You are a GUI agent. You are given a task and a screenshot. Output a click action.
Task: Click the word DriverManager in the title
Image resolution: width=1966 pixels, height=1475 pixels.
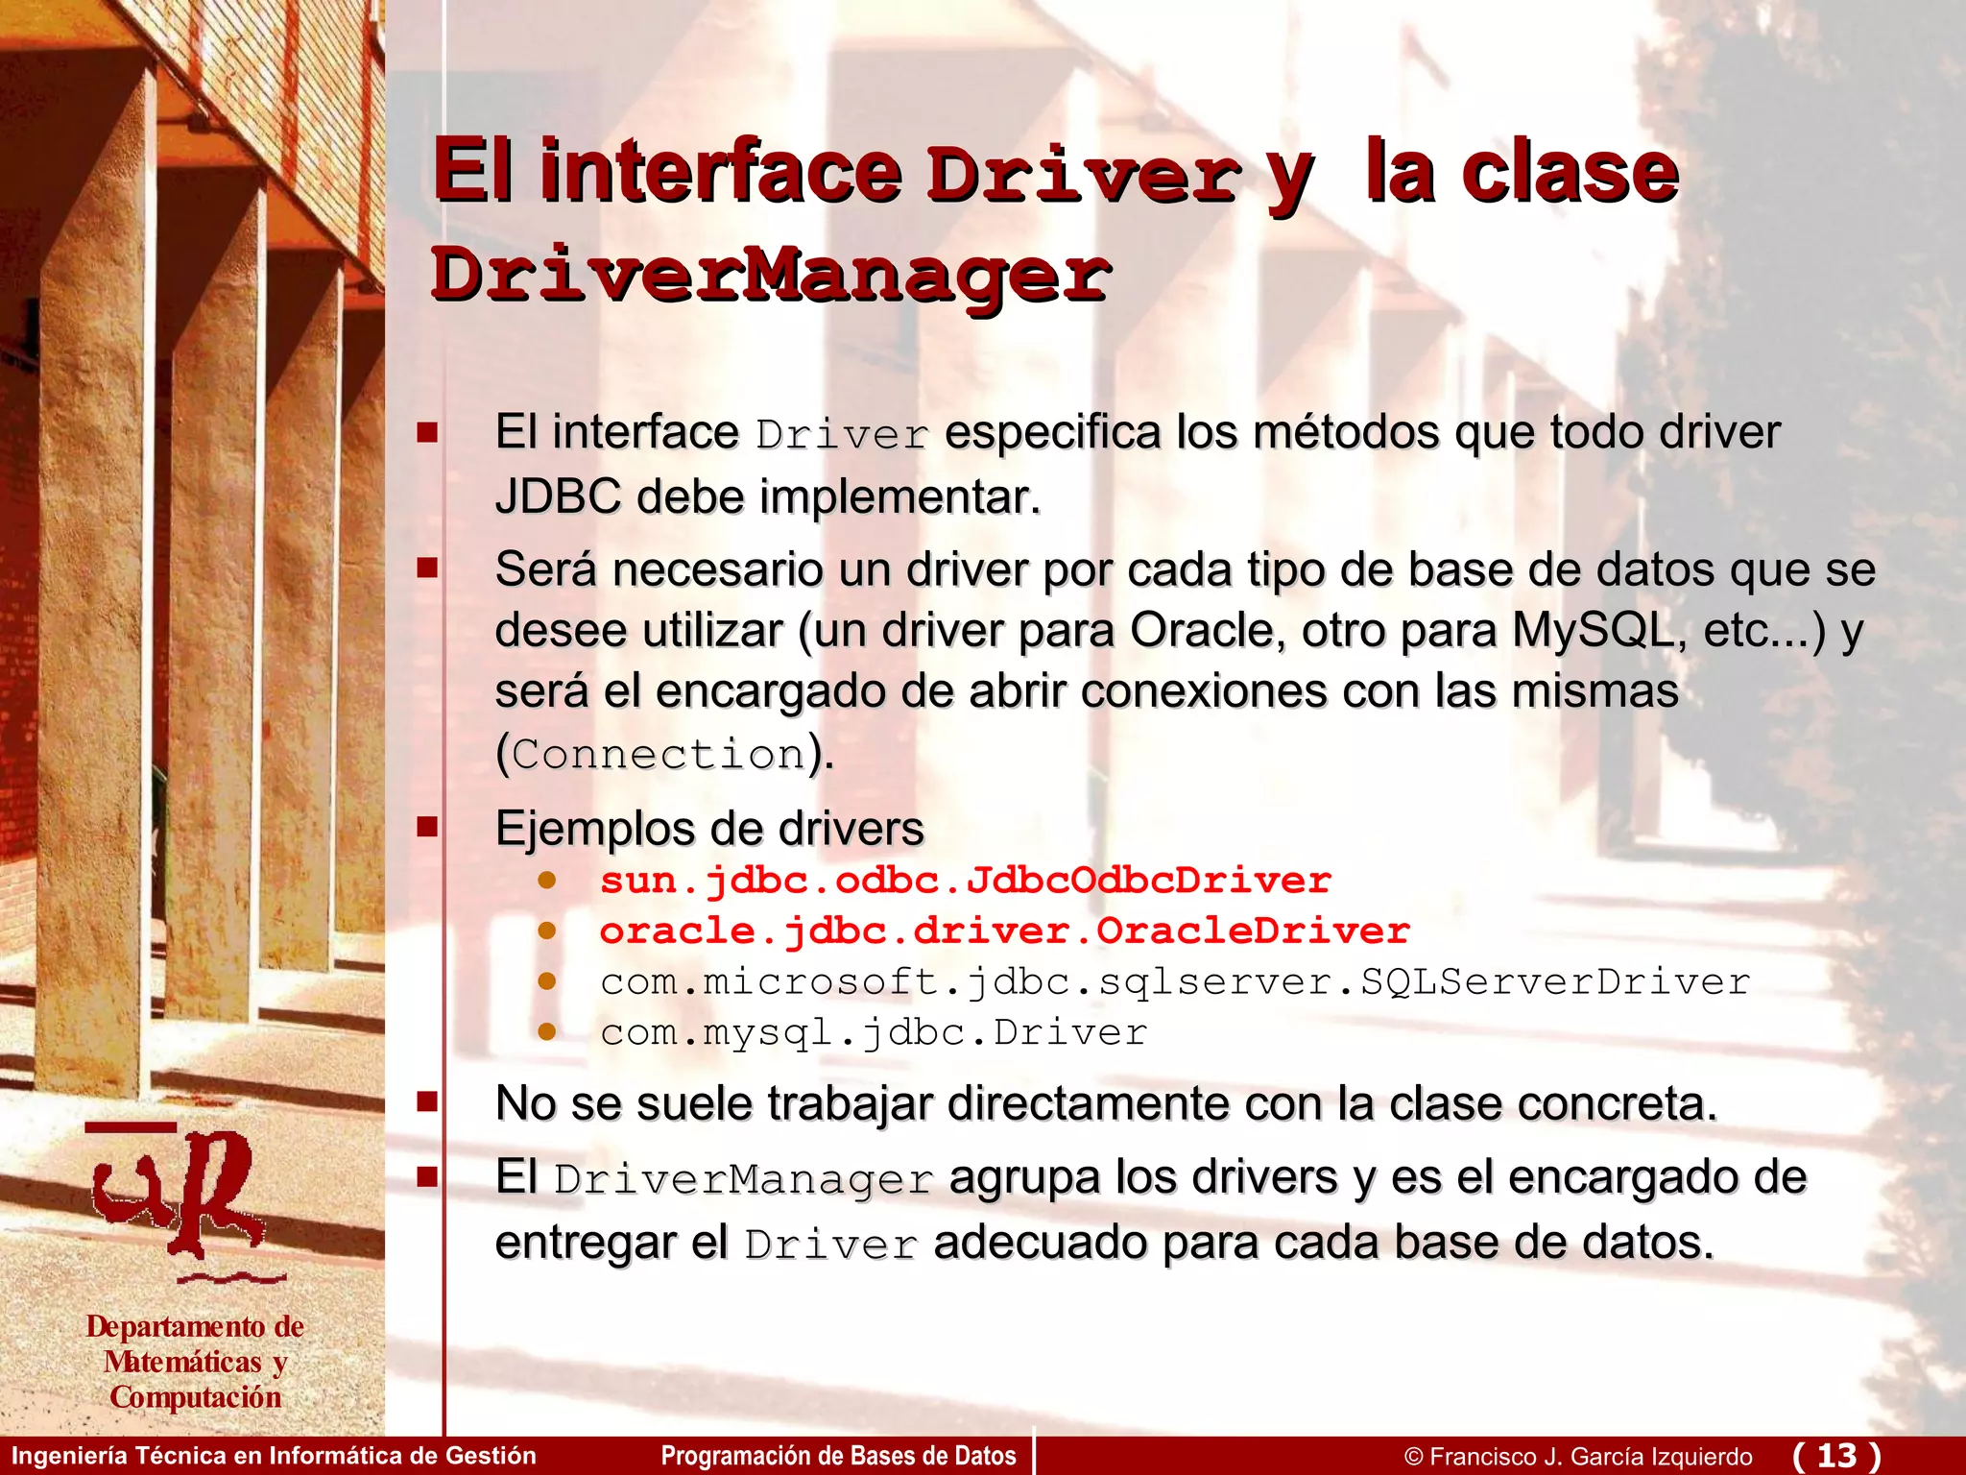[770, 275]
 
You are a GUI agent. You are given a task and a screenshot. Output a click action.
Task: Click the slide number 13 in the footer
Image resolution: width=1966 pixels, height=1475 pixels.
[1836, 1455]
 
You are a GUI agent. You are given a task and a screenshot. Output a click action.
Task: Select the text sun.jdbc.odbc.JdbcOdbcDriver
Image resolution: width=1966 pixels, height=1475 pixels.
[965, 881]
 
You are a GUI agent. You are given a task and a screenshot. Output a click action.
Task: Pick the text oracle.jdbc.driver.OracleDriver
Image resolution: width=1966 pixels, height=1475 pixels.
[1004, 931]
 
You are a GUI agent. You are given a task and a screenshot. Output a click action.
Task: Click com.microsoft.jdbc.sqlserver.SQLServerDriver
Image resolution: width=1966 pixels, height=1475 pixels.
[1175, 981]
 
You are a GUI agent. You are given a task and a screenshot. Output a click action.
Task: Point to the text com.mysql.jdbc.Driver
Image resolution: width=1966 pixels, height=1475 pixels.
[874, 1032]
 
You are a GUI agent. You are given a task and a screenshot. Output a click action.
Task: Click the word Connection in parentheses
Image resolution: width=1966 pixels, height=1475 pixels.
[659, 754]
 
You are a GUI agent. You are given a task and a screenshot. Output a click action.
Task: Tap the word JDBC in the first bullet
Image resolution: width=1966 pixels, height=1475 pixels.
[558, 497]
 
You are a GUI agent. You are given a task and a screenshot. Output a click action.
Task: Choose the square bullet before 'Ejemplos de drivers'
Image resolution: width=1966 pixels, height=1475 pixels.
[427, 827]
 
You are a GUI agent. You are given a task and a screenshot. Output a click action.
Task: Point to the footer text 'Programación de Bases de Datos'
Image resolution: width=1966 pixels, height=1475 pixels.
[838, 1456]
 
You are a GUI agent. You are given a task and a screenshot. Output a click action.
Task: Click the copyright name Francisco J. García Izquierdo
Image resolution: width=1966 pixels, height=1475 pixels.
[1591, 1457]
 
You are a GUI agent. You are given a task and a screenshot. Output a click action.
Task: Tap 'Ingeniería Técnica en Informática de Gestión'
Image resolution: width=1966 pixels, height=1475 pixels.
[274, 1456]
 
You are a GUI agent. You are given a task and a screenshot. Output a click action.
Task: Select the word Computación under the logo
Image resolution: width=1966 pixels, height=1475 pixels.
[196, 1397]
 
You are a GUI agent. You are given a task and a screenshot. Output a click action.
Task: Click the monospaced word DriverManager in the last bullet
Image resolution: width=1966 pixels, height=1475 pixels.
[743, 1179]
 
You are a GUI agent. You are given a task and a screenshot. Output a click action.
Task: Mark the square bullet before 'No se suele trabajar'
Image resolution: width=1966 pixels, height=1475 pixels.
[427, 1101]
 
